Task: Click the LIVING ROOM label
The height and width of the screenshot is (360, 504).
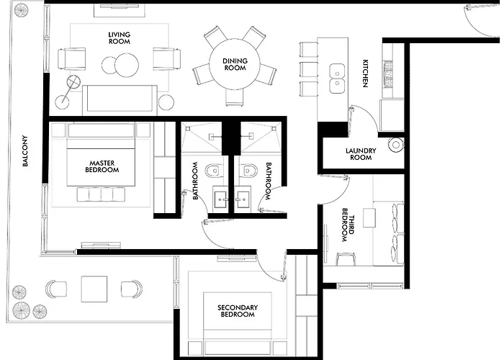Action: [x=120, y=38]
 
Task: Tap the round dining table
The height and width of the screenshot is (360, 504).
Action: [x=235, y=63]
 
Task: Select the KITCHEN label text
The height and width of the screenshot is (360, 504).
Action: [x=365, y=73]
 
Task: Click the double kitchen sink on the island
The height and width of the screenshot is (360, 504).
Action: [x=337, y=78]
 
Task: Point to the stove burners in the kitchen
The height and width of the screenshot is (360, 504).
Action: [x=389, y=74]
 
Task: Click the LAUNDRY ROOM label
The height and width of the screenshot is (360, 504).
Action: [x=361, y=154]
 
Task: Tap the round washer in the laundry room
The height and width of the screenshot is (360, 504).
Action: [x=396, y=145]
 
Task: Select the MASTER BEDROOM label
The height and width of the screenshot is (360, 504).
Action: [x=102, y=166]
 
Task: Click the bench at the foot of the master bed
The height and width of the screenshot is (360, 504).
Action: [x=101, y=195]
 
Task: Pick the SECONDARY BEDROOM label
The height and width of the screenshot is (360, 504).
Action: [x=238, y=311]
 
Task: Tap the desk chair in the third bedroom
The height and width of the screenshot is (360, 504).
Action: [x=346, y=259]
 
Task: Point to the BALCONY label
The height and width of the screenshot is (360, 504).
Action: [x=25, y=151]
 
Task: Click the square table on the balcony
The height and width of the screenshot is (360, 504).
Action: [x=94, y=289]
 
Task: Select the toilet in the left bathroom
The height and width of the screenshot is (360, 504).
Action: [x=214, y=171]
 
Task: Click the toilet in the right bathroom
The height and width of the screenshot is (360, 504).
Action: [x=250, y=171]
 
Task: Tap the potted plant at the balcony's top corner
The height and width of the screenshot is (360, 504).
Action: [x=21, y=10]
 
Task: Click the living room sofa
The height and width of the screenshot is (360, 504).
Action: [x=120, y=100]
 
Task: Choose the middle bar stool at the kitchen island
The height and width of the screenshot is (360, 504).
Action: [x=309, y=69]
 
